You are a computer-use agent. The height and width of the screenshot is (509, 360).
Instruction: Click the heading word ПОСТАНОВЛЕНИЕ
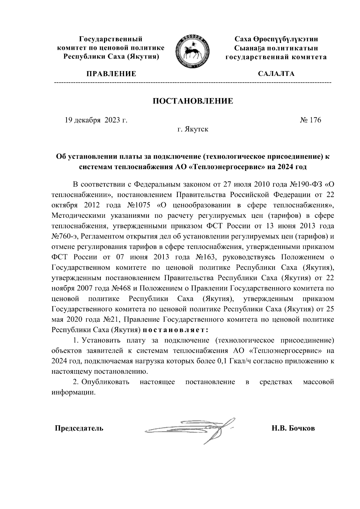(x=193, y=101)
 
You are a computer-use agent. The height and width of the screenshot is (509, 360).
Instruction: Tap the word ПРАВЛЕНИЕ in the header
(x=111, y=74)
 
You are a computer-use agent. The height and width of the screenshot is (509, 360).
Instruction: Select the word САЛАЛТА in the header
(x=276, y=74)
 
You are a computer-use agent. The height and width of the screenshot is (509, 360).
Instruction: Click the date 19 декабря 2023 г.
(x=96, y=120)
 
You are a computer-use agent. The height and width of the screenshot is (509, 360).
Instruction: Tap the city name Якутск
(x=196, y=130)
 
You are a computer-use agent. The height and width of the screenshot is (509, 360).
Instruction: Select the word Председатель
(x=79, y=428)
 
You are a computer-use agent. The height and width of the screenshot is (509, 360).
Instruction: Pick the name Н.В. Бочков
(x=293, y=428)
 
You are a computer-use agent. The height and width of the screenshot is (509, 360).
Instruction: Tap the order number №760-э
(x=65, y=236)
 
